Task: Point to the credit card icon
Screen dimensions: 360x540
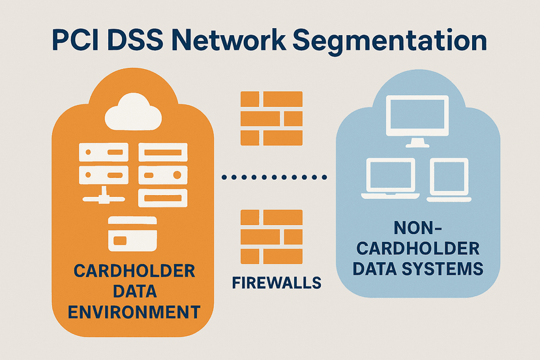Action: [132, 233]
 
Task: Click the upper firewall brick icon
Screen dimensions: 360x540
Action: [271, 118]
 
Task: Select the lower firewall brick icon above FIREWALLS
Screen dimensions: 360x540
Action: [271, 235]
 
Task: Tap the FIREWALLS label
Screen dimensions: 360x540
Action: [277, 282]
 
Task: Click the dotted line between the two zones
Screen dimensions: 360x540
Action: [274, 177]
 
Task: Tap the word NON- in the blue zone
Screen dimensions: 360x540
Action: [418, 228]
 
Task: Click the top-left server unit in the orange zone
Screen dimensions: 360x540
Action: [100, 153]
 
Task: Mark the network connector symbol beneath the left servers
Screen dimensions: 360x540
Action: [101, 194]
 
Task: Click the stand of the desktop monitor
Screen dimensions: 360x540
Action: [417, 142]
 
